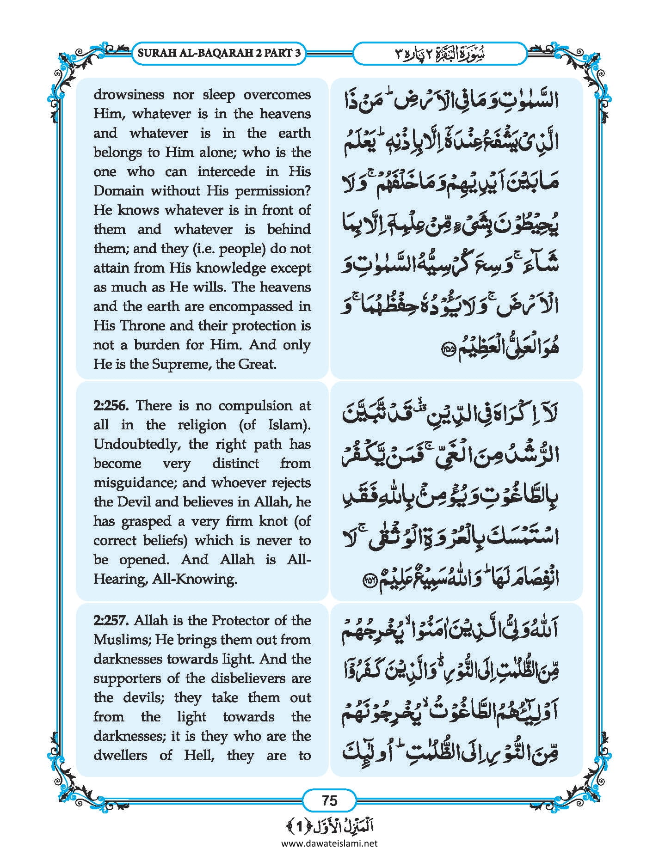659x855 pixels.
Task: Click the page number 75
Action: coord(329,800)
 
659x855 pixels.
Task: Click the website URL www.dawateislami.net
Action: coord(329,843)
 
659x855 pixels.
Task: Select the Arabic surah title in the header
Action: coord(439,54)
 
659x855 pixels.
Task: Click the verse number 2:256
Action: coord(110,406)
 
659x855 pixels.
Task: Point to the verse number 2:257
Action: coord(110,621)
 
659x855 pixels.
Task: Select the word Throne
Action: coord(143,326)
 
